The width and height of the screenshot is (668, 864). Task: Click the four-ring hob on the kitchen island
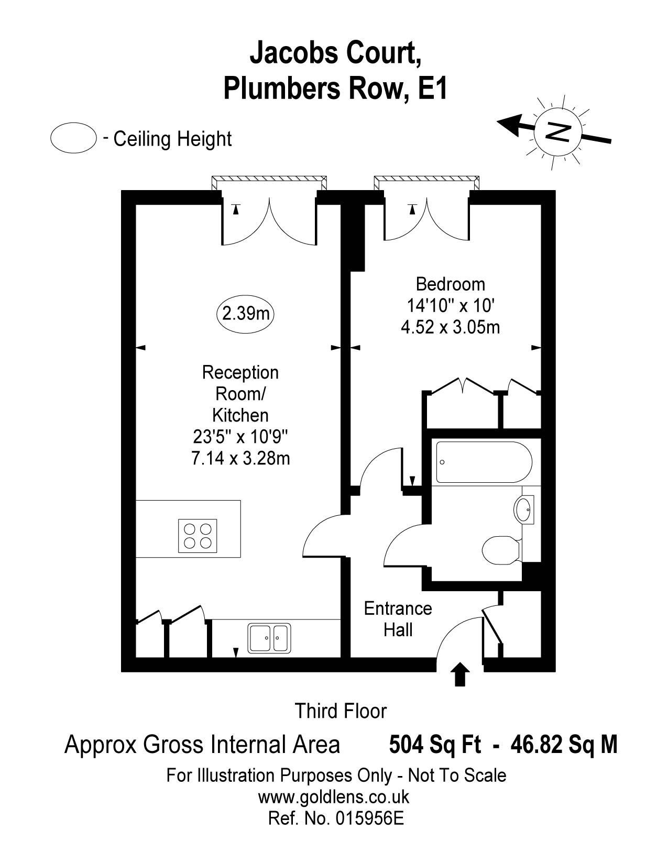[198, 536]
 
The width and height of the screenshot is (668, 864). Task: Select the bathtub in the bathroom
[484, 462]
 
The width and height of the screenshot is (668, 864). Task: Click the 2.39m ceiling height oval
[246, 314]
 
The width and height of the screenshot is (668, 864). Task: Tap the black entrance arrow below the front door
[460, 674]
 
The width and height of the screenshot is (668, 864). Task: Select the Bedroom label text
[450, 284]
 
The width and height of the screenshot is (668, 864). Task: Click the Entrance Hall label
[398, 619]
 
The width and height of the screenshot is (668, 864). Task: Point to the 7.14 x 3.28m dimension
[240, 458]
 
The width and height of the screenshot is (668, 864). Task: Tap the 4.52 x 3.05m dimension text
[450, 328]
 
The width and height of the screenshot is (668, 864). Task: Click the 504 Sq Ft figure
[434, 744]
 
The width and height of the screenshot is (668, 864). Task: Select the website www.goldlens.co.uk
[333, 797]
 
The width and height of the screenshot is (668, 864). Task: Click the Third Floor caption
[340, 711]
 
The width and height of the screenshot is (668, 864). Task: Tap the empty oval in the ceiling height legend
[73, 138]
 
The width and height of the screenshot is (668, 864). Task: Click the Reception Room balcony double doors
[270, 220]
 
